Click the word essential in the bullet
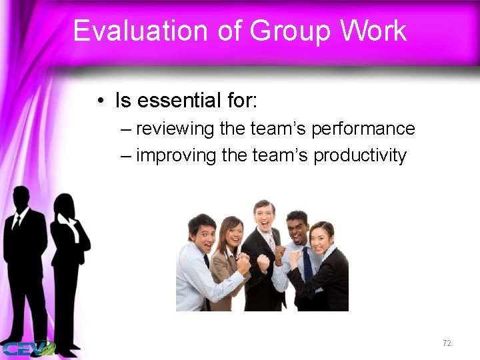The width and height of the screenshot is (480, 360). coord(176,101)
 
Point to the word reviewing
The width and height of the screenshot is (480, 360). coord(176,128)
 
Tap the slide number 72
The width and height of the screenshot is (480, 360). coord(447,343)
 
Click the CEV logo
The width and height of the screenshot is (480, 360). coord(27,348)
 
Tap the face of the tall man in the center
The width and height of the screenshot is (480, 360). coord(264,215)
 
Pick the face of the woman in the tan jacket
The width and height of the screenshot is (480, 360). coord(231,233)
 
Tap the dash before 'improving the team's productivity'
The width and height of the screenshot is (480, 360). coord(127,156)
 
